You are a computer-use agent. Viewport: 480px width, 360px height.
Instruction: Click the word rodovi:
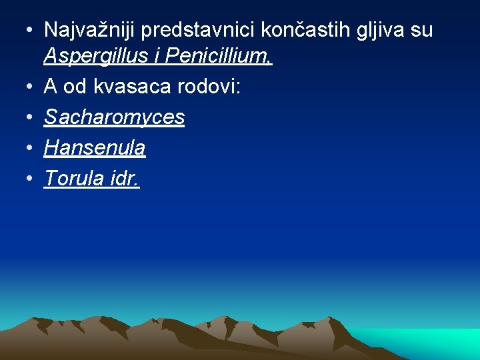(x=203, y=87)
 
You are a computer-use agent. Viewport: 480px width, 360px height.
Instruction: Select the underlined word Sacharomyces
(x=114, y=117)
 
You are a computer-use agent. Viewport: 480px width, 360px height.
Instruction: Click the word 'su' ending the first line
(x=422, y=30)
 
